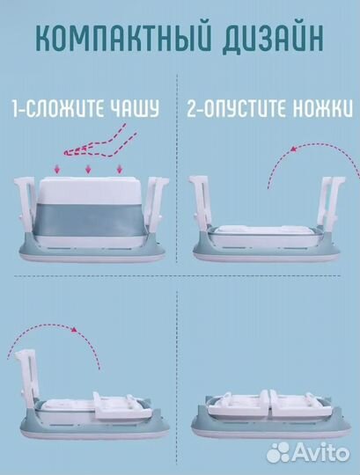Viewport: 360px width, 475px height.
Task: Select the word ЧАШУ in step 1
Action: (135, 110)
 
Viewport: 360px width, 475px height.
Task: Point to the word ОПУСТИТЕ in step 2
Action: (245, 110)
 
